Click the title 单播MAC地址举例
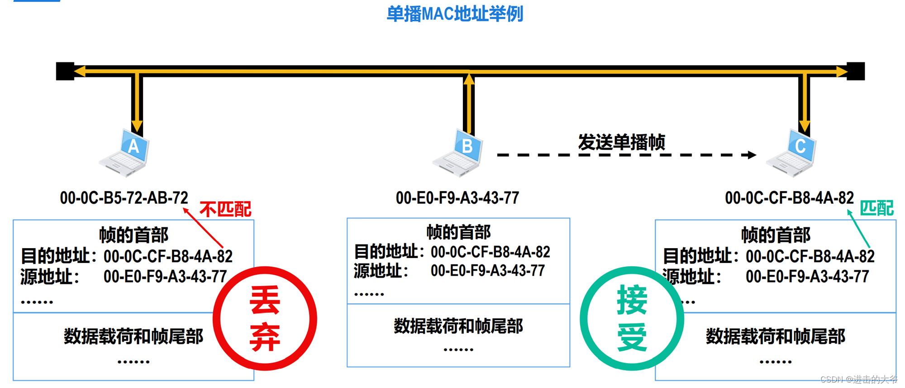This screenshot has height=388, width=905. pyautogui.click(x=454, y=14)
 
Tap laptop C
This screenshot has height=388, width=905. pyautogui.click(x=792, y=153)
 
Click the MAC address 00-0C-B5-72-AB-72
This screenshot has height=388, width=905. pyautogui.click(x=124, y=198)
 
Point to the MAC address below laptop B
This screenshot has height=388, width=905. pyautogui.click(x=457, y=198)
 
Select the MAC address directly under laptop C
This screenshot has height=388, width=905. pyautogui.click(x=789, y=198)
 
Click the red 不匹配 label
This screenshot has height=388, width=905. pyautogui.click(x=225, y=209)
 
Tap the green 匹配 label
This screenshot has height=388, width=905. pyautogui.click(x=876, y=208)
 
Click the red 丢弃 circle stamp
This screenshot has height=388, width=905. pyautogui.click(x=265, y=318)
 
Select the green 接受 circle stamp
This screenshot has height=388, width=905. pyautogui.click(x=632, y=318)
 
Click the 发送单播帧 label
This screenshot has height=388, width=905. pyautogui.click(x=621, y=142)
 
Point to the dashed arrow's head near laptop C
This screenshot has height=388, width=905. pyautogui.click(x=752, y=155)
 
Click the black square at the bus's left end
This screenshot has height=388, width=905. pyautogui.click(x=65, y=71)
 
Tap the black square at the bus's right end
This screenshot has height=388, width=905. pyautogui.click(x=856, y=71)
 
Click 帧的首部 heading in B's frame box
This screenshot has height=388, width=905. pyautogui.click(x=458, y=232)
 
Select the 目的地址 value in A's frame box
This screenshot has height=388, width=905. pyautogui.click(x=168, y=257)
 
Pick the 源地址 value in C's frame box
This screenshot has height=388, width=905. pyautogui.click(x=807, y=277)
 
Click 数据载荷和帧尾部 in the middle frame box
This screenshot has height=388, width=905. pyautogui.click(x=458, y=326)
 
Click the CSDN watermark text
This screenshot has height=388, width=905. pyautogui.click(x=858, y=379)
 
